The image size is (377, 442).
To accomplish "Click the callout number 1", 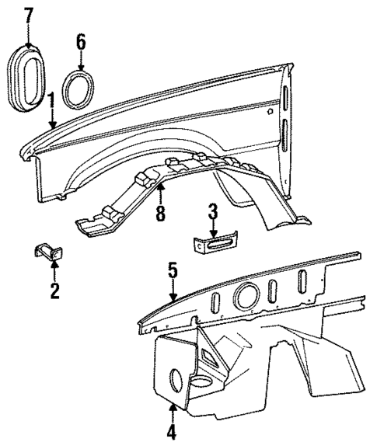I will coord(51,101).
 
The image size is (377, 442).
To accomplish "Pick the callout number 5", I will coord(173,273).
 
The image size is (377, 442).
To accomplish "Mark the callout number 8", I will coord(160,211).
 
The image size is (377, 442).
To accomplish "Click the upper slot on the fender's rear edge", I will coord(285,100).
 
